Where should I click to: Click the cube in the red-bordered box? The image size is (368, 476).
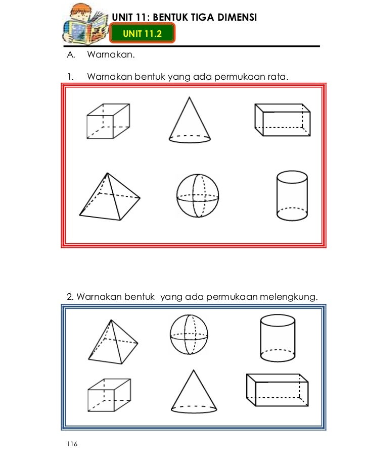(108, 121)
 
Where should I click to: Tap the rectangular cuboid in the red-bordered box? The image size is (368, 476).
(282, 120)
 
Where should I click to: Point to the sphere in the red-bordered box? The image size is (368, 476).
(198, 195)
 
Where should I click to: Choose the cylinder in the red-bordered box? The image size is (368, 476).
(292, 195)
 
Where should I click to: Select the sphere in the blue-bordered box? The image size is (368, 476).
(189, 335)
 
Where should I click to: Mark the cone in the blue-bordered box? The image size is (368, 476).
(194, 391)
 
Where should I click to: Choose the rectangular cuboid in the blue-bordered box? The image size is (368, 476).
(277, 391)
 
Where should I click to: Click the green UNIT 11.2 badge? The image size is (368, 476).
(142, 34)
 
